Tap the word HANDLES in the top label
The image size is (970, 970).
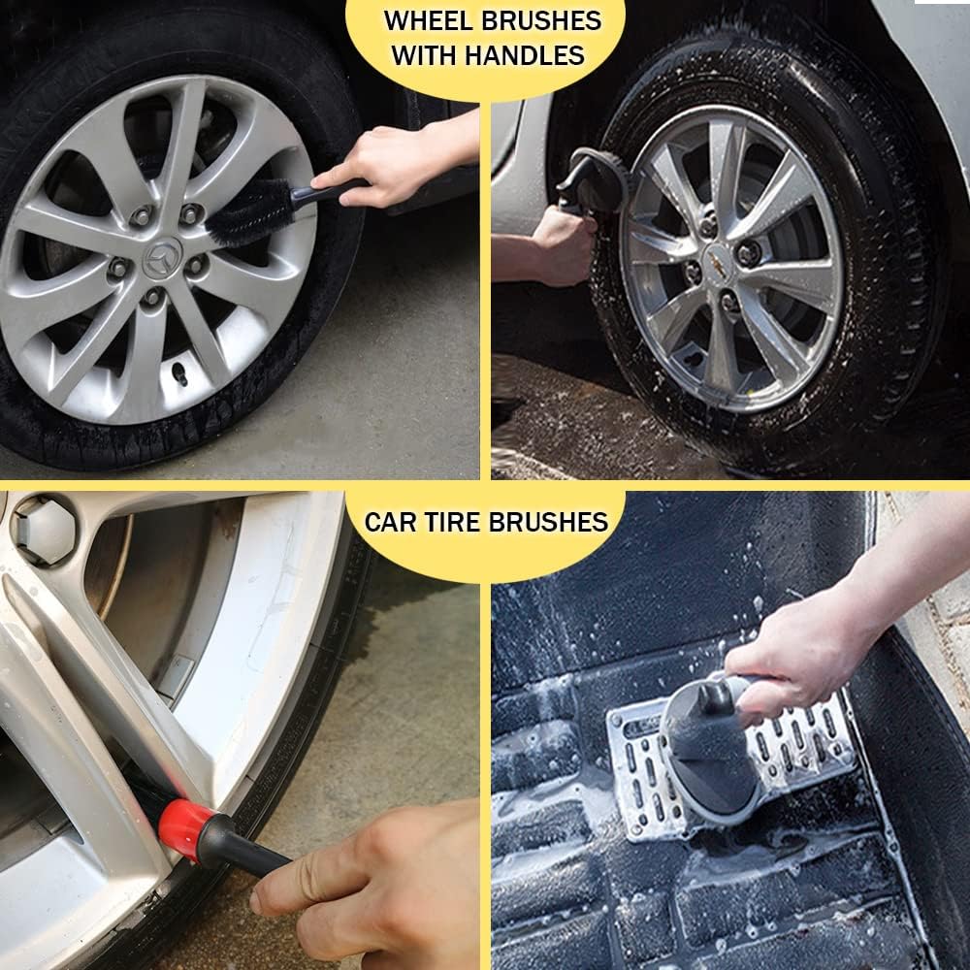[525, 55]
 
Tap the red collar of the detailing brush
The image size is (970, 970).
[181, 821]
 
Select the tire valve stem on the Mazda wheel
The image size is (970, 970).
[180, 373]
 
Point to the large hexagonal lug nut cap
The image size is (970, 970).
[44, 531]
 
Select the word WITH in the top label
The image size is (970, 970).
[425, 55]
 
